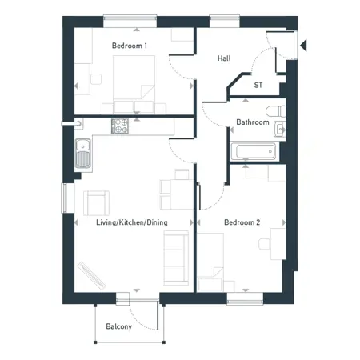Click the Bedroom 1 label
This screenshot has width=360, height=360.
[130, 46]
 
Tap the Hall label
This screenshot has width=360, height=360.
[224, 58]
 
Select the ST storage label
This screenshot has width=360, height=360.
[258, 85]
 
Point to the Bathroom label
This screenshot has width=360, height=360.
[253, 122]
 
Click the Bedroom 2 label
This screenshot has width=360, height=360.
[242, 222]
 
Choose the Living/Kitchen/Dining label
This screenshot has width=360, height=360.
[132, 222]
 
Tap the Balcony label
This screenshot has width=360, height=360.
[119, 326]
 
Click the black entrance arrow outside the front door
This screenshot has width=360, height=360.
[304, 46]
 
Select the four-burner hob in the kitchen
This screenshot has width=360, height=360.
[120, 126]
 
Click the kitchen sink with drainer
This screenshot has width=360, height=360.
[83, 153]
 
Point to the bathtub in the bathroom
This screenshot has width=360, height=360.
[253, 152]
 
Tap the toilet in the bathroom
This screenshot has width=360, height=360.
[276, 111]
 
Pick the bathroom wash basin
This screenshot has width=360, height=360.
[280, 129]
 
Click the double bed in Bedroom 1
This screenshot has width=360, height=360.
[134, 85]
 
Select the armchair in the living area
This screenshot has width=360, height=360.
[96, 203]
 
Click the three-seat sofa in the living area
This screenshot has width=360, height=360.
[176, 258]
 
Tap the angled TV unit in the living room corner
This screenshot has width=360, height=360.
[91, 276]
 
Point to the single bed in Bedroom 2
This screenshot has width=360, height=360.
[210, 262]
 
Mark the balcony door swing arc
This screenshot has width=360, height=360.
[138, 322]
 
